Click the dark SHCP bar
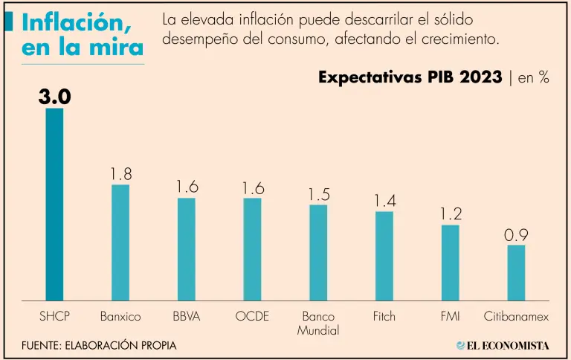(x=54, y=205)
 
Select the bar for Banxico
(x=120, y=242)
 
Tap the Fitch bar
(x=384, y=256)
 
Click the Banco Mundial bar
(x=318, y=253)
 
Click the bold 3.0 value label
(x=54, y=97)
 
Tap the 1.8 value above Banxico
(x=120, y=174)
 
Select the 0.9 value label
(x=516, y=235)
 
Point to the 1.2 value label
(x=451, y=214)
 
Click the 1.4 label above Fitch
(x=384, y=201)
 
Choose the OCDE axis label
(x=252, y=316)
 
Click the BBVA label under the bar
(x=186, y=316)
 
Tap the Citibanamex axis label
(x=516, y=316)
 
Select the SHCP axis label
(x=54, y=316)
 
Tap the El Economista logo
(x=503, y=345)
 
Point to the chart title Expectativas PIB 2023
(x=410, y=77)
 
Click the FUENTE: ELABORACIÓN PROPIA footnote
(x=99, y=346)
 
